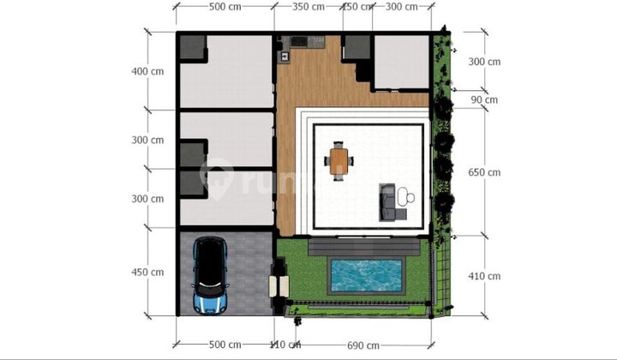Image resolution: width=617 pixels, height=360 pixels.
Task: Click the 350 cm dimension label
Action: [308, 7]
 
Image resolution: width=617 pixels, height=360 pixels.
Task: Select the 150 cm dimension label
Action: [357, 7]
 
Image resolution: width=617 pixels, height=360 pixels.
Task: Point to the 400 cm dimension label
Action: [145, 71]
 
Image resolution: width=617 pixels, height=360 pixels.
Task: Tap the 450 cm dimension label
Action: [145, 273]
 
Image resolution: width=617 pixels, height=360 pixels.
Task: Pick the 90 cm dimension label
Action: [484, 99]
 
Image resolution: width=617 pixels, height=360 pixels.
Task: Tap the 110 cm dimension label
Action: [284, 345]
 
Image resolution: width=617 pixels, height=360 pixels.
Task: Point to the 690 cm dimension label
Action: [363, 345]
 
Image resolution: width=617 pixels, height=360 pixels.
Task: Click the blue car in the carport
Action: [208, 274]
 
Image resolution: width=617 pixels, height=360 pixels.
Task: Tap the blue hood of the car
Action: [208, 301]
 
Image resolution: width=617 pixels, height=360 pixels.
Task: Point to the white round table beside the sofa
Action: [410, 198]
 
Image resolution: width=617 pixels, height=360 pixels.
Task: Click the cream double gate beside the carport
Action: [275, 285]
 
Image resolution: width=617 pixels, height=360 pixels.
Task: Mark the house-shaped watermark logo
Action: [217, 178]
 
